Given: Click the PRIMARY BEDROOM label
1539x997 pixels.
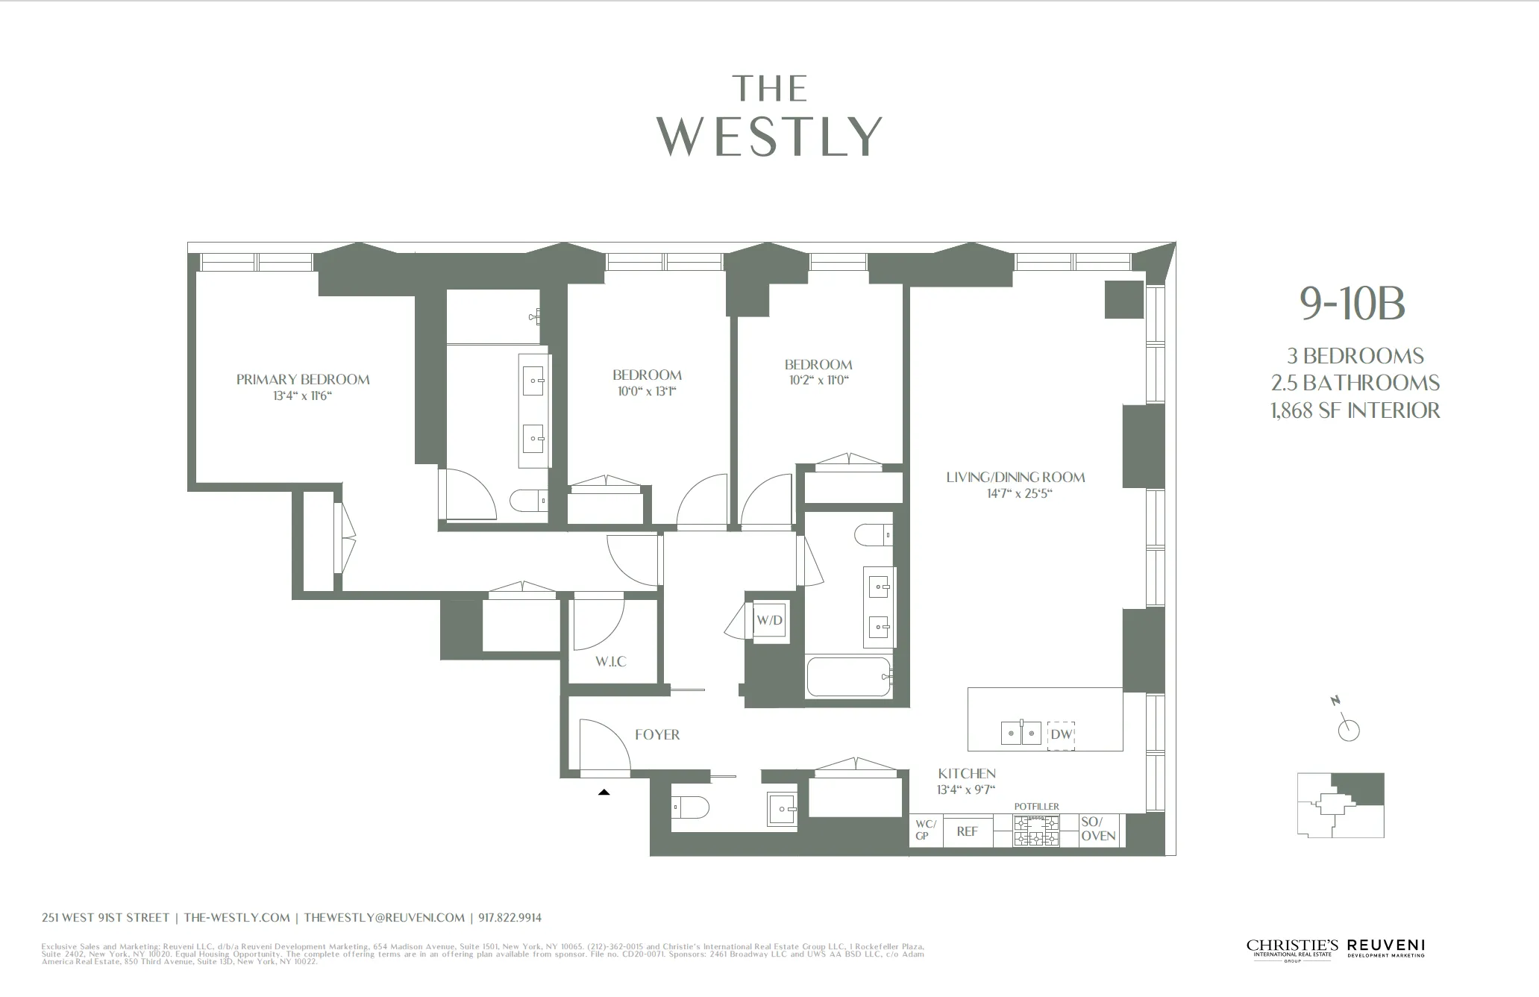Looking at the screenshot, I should tap(303, 379).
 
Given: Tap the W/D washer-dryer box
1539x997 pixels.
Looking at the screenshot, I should tap(769, 620).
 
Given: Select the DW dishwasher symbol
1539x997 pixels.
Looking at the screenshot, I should tap(1061, 734).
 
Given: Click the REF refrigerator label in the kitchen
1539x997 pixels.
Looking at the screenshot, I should tap(967, 831).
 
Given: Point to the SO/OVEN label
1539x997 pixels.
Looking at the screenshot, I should tap(1098, 829).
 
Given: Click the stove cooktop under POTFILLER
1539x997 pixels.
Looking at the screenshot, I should tap(1035, 831).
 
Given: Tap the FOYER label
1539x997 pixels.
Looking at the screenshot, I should tap(657, 735).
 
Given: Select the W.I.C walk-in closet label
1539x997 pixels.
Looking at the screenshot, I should tap(610, 662).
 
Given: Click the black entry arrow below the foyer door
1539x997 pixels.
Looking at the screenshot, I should tap(604, 793).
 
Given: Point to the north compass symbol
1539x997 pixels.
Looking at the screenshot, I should tap(1347, 728).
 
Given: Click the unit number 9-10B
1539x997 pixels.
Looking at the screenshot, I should tap(1352, 304).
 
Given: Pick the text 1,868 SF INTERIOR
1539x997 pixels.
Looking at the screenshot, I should tap(1355, 410).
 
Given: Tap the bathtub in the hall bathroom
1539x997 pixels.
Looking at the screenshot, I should tap(849, 677).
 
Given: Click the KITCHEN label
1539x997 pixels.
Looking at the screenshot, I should tap(967, 774).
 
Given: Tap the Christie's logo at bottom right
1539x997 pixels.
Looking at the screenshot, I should tap(1292, 948).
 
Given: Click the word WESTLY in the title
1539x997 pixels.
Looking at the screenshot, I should tap(769, 137).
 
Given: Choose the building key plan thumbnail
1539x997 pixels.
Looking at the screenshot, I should tap(1341, 804).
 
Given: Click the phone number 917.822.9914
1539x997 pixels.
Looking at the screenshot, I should tap(510, 918).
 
